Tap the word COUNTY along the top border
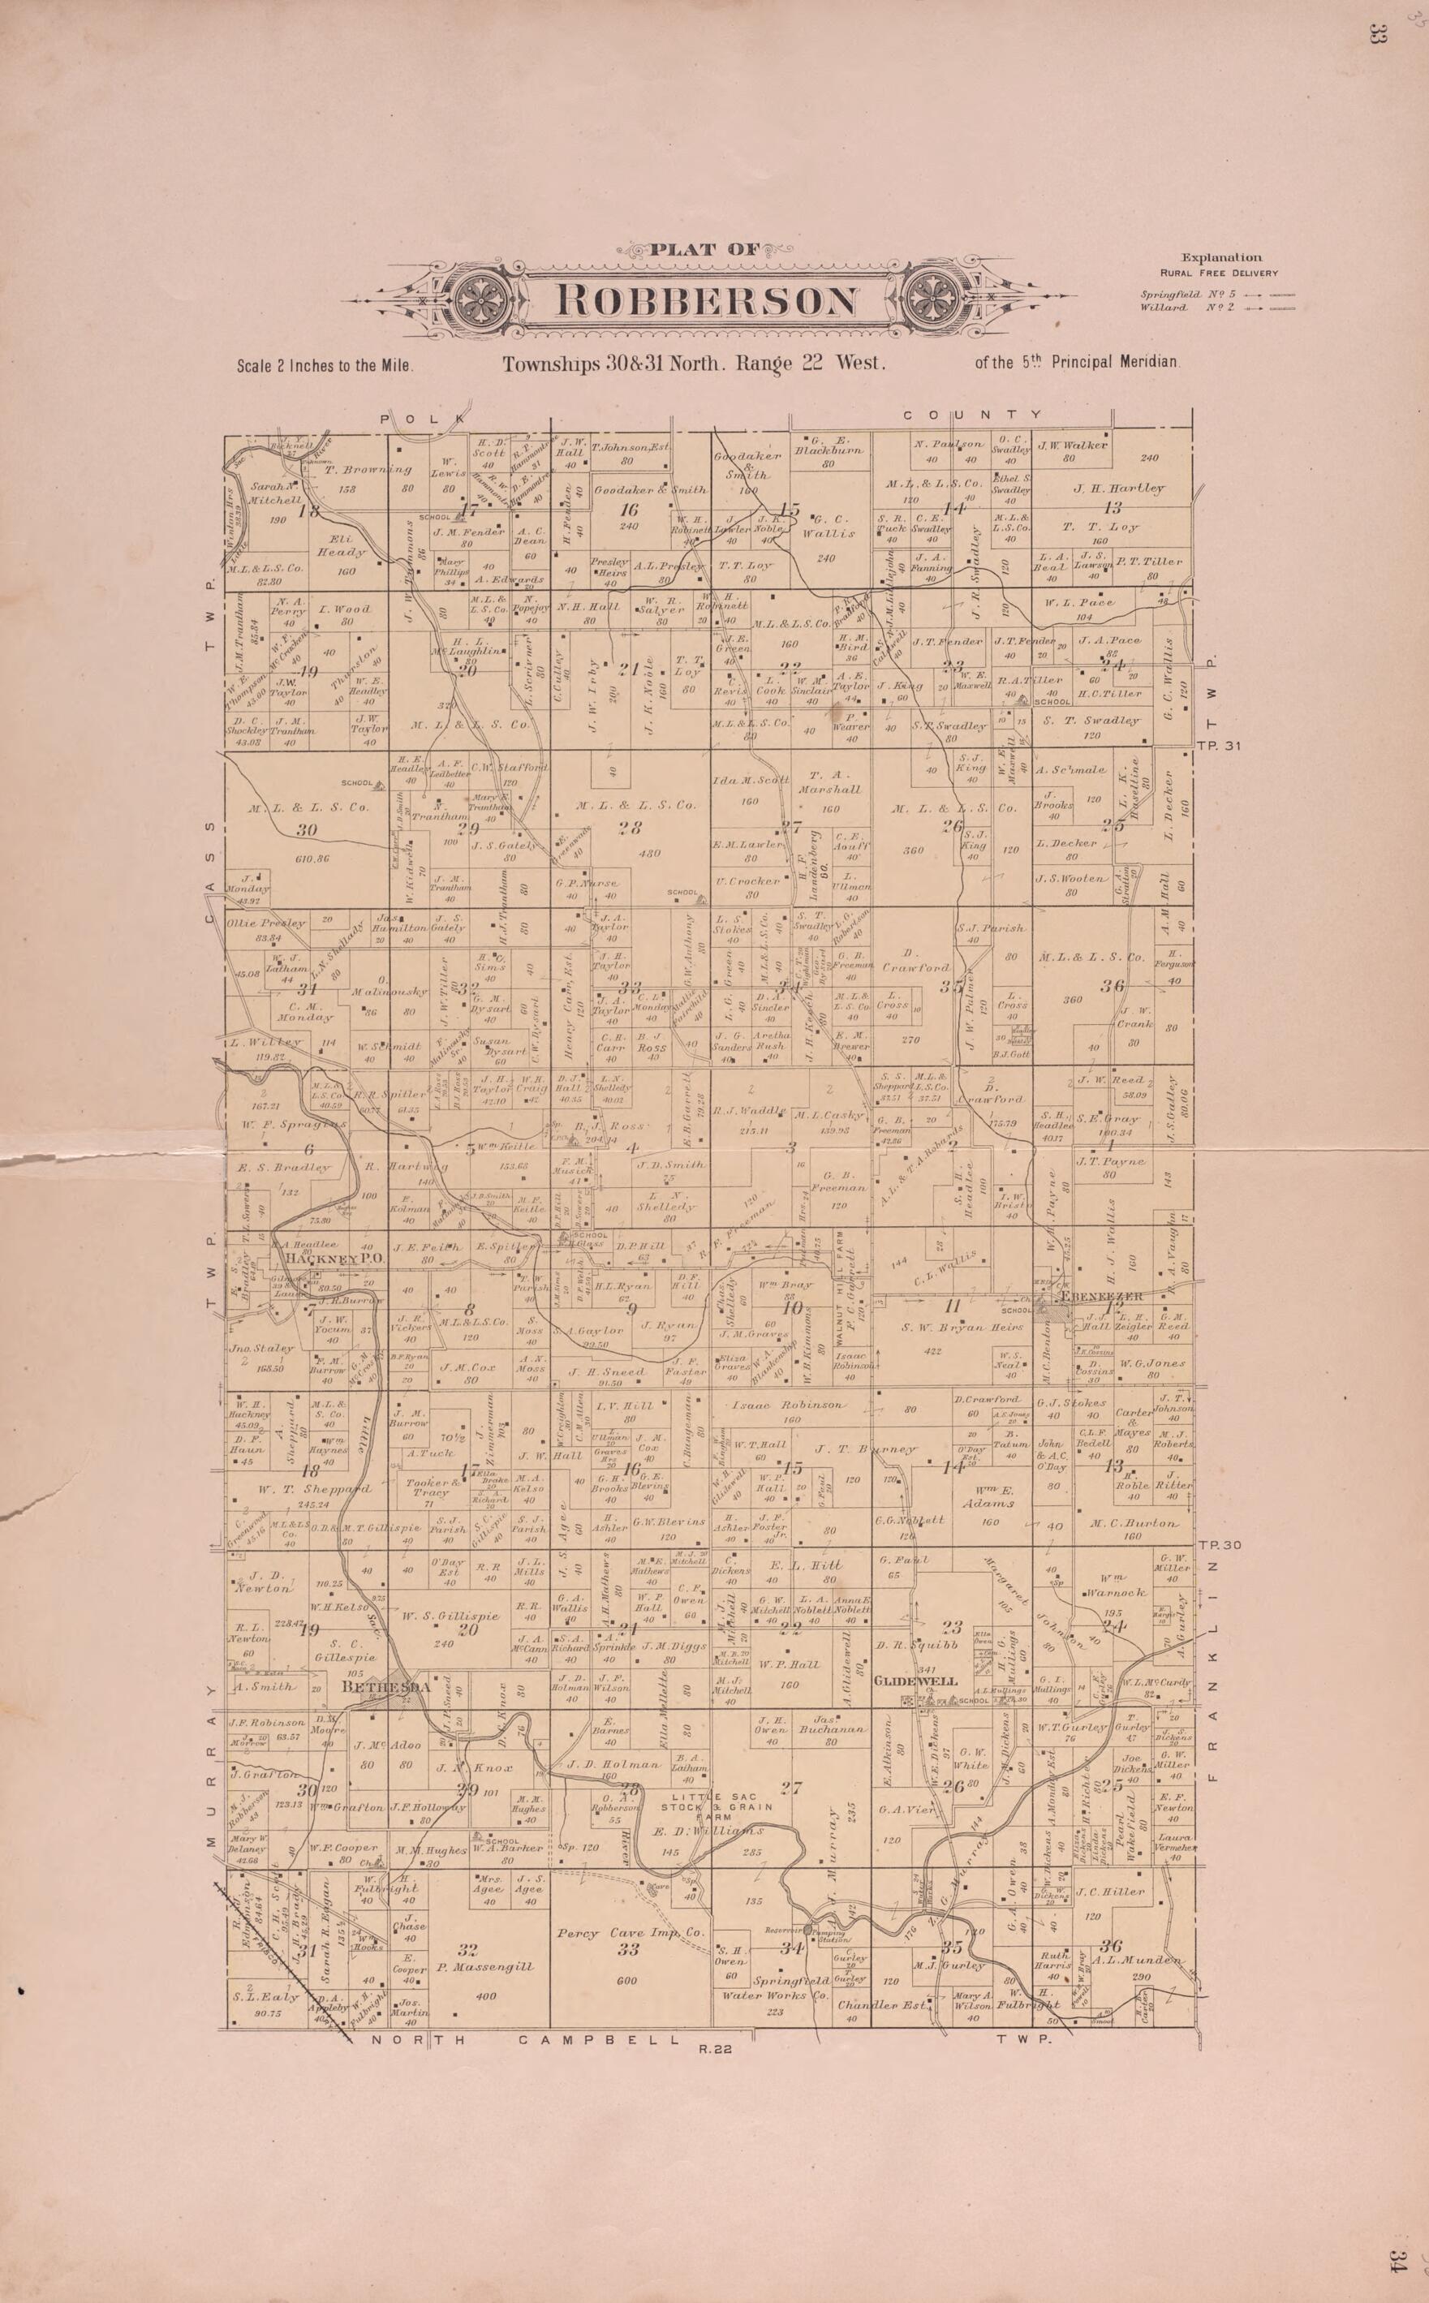[x=972, y=415]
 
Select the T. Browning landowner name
[x=351, y=469]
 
